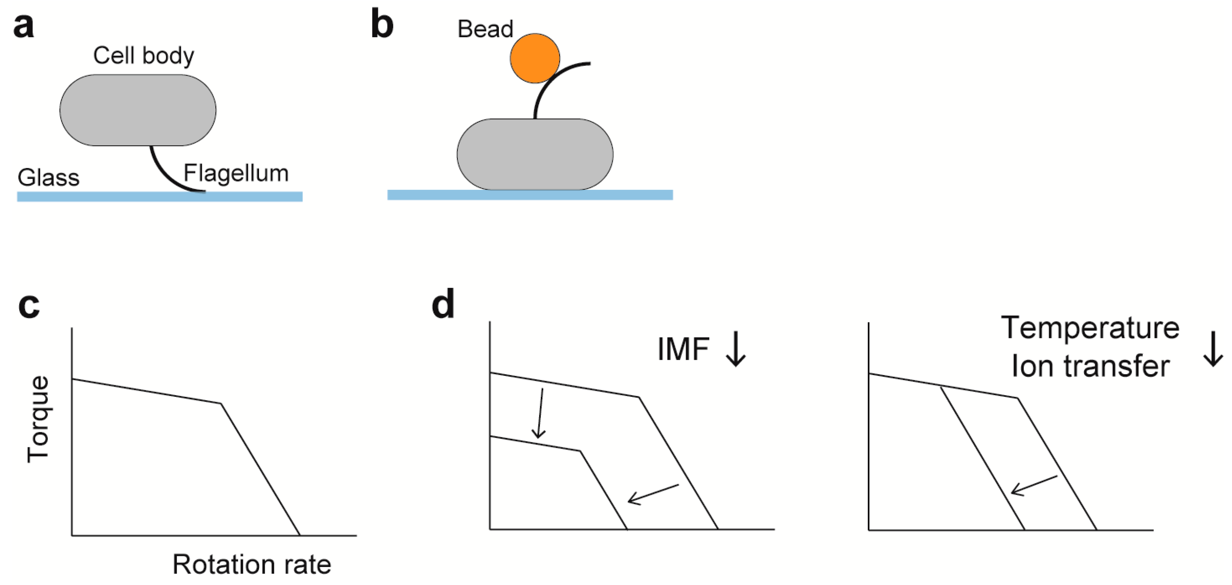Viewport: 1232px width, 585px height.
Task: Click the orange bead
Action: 535,58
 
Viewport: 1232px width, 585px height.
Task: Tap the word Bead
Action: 485,29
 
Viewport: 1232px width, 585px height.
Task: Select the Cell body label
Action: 144,56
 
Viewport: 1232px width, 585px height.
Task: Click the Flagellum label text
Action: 236,173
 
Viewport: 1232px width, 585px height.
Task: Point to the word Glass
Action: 48,178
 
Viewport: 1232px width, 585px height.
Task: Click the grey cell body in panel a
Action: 138,110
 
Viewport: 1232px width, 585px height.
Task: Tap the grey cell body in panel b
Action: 535,154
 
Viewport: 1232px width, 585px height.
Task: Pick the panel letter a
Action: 24,27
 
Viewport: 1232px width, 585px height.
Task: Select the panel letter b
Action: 382,25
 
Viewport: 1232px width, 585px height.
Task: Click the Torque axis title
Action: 38,419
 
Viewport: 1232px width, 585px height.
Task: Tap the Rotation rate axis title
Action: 251,564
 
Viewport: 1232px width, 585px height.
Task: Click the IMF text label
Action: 683,349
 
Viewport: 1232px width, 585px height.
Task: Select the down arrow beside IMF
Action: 736,349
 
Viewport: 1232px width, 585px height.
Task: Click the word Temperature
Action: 1091,328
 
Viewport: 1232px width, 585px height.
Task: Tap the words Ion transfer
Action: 1091,366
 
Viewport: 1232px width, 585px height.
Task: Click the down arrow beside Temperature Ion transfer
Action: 1213,349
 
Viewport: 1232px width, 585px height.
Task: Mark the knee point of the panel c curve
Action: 221,404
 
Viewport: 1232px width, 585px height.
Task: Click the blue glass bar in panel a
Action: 160,197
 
